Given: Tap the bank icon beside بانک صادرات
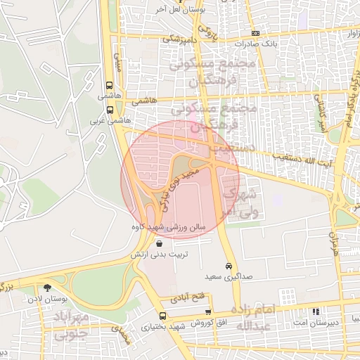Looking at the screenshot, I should (255, 34).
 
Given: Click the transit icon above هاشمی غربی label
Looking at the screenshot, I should (110, 110).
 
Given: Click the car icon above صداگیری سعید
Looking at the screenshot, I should (229, 266).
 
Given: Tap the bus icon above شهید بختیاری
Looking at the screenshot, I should (163, 316).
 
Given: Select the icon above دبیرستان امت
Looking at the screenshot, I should (316, 311).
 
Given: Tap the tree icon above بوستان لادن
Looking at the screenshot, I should (48, 288).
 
